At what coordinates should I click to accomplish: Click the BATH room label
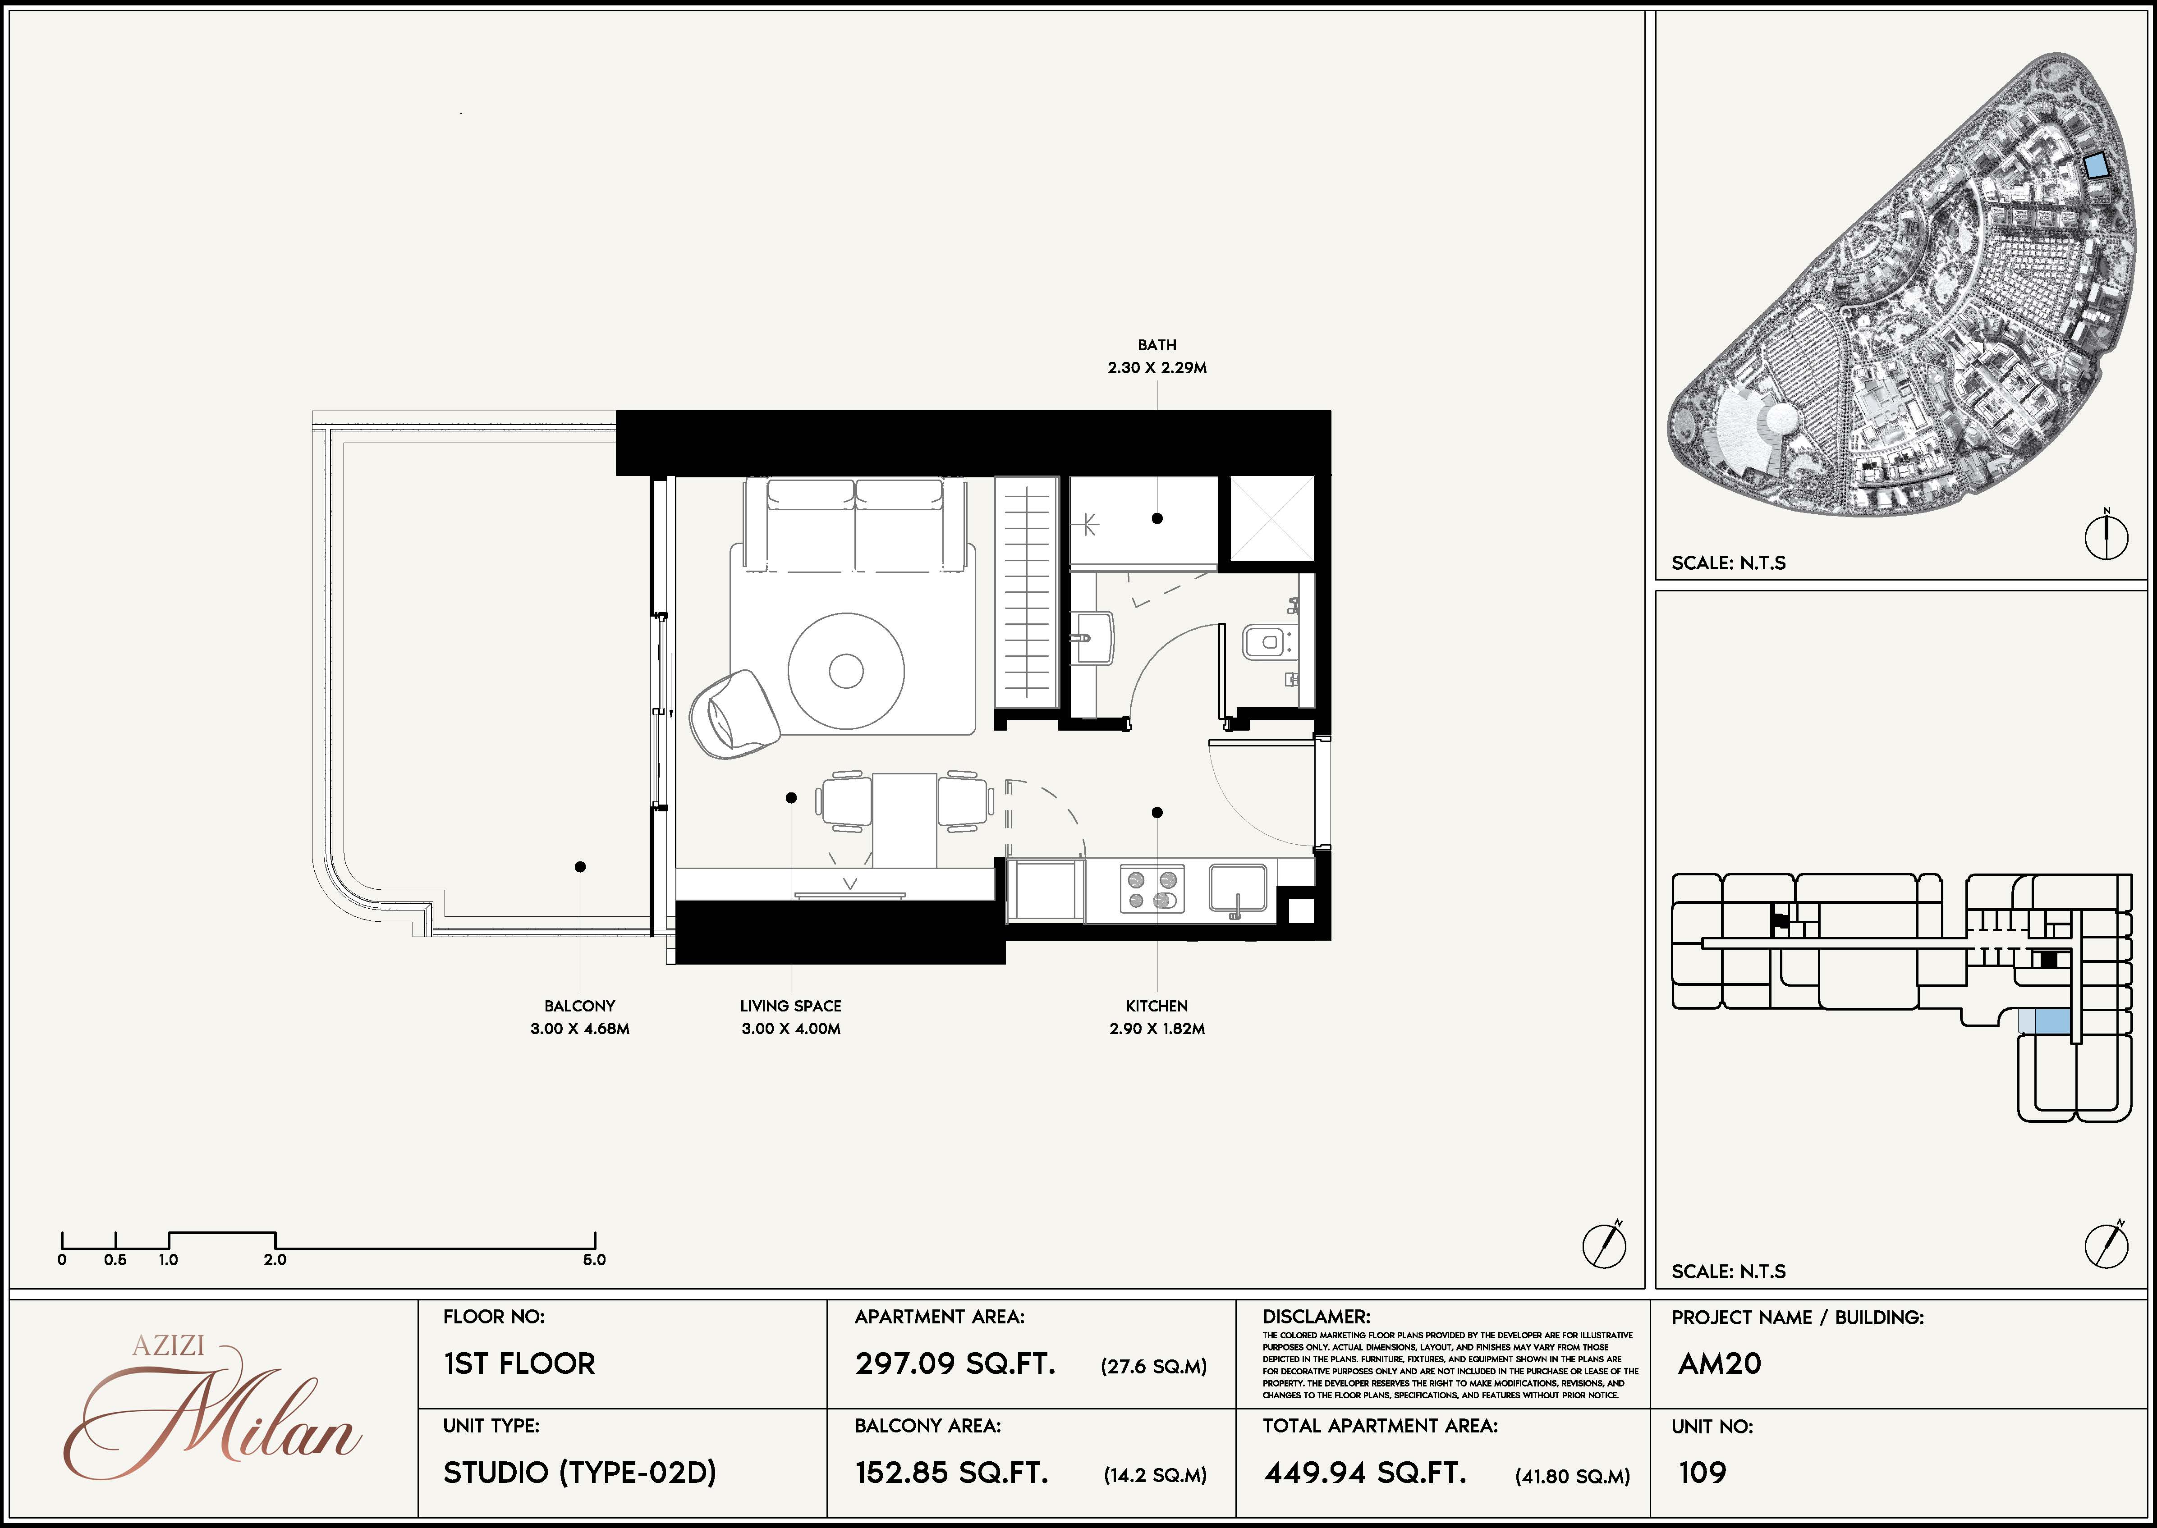[1157, 345]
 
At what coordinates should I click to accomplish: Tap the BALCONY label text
[580, 1006]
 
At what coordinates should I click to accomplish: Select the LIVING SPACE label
[790, 1006]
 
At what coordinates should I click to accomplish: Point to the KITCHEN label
[1157, 1006]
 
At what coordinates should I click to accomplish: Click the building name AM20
[1719, 1363]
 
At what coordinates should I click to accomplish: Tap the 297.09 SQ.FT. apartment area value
[955, 1363]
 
